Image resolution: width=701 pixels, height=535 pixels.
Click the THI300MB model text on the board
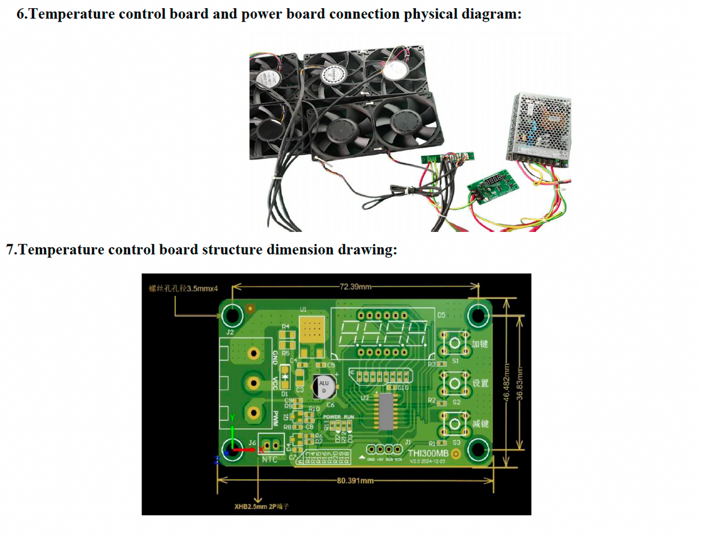click(x=428, y=453)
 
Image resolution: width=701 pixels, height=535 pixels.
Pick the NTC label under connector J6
click(x=269, y=460)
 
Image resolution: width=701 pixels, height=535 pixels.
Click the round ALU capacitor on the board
click(x=323, y=386)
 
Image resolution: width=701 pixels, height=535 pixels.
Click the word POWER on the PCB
click(x=331, y=417)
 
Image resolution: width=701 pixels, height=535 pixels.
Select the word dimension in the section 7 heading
click(x=301, y=250)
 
